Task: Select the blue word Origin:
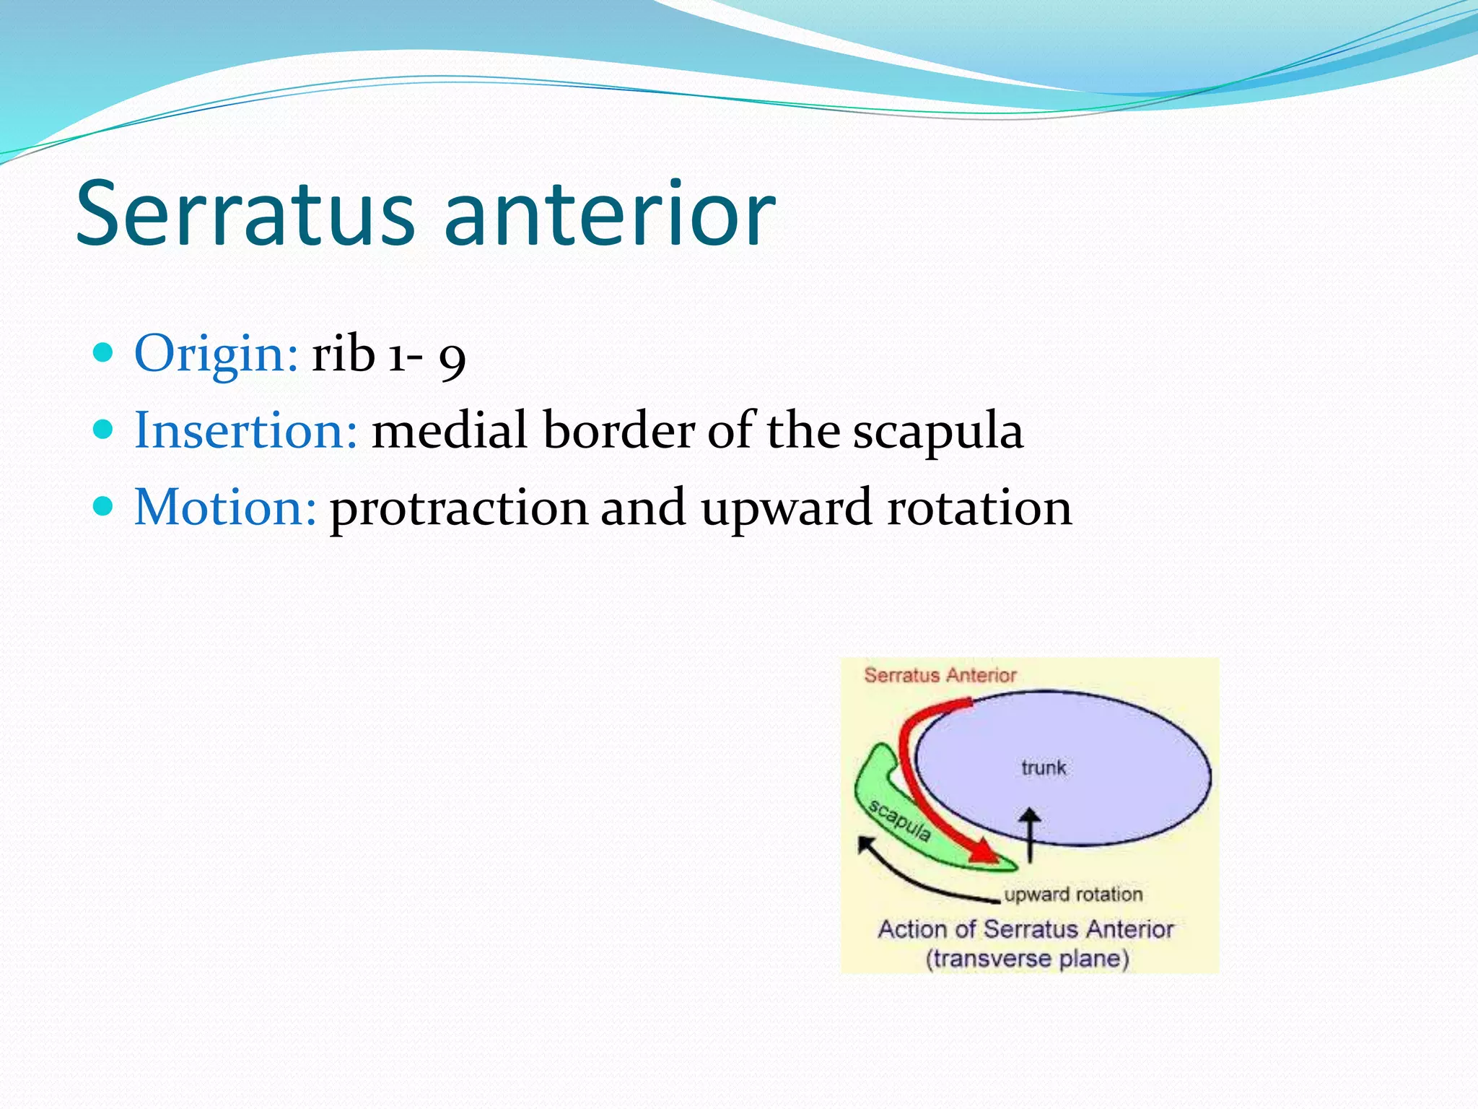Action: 216,354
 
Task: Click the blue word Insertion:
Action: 245,430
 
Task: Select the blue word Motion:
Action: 225,507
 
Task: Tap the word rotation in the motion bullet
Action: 979,507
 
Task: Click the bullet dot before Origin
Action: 104,353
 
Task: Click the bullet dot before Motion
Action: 104,506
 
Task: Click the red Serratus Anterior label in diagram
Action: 940,675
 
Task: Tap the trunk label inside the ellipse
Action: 1043,767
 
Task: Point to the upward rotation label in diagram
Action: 1073,895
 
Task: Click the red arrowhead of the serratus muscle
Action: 983,852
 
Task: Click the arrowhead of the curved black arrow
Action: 865,844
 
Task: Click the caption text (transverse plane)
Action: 1027,959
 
